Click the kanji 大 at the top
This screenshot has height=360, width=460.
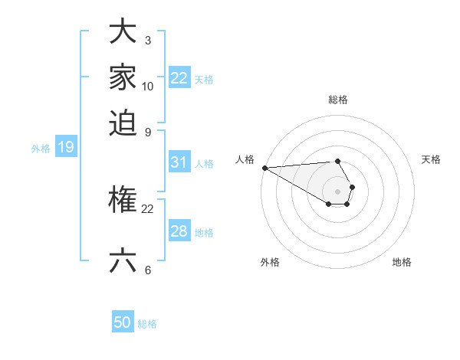coord(123,32)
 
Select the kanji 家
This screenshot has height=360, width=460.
coord(123,77)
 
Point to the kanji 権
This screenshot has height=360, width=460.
coord(123,201)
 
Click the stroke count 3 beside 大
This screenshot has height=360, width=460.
coord(147,41)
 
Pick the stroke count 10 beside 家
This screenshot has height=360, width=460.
coord(148,86)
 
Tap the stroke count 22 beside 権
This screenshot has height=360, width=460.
coord(148,209)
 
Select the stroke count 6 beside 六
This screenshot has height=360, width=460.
coord(147,270)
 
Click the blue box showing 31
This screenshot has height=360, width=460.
coord(179,162)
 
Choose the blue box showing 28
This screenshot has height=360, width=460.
coord(179,231)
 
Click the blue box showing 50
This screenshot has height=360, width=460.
coord(123,322)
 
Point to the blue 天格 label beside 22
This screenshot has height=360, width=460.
coord(204,79)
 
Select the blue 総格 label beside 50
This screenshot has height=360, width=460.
coord(148,324)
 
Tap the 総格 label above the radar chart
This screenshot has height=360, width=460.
coord(338,100)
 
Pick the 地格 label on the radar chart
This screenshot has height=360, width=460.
coord(402,262)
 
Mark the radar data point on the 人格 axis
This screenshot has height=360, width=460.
coord(264,168)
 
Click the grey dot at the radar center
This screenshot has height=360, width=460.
coord(338,191)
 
